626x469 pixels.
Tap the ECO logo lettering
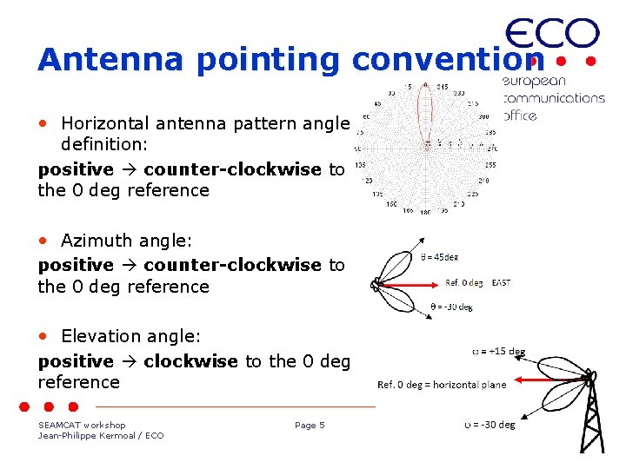(x=552, y=35)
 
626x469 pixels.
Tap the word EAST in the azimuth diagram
(x=502, y=283)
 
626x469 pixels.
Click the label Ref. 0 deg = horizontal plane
(x=442, y=385)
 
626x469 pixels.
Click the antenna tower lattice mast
(x=593, y=417)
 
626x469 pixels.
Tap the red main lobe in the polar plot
(x=424, y=113)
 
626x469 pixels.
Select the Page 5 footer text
(x=310, y=425)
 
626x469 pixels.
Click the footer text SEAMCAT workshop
(x=82, y=425)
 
